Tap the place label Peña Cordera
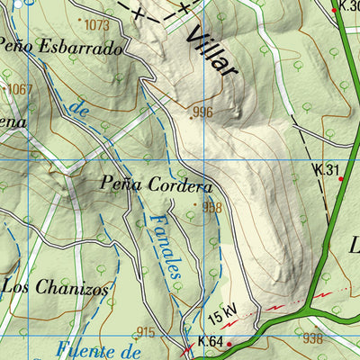(157, 187)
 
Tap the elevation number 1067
(19, 89)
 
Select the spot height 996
(202, 112)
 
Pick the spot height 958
(211, 207)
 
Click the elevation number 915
(146, 332)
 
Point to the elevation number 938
(313, 338)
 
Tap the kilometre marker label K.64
(209, 341)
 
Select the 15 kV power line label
(222, 315)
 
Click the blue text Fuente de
(99, 350)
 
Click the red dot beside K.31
(341, 178)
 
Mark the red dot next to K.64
(229, 344)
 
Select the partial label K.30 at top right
(348, 6)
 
